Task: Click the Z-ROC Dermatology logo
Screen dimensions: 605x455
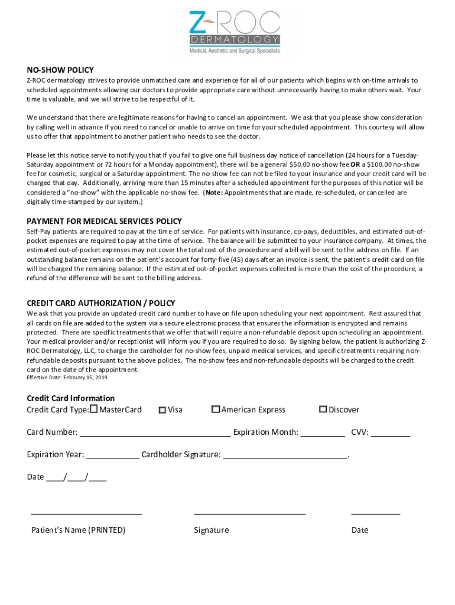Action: pos(234,32)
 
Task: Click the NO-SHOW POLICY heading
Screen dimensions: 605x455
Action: pos(60,70)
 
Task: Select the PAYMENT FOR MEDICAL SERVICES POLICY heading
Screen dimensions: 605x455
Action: pos(104,221)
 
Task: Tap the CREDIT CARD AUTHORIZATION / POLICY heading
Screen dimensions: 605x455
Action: pos(100,303)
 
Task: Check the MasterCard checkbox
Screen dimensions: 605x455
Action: pos(94,409)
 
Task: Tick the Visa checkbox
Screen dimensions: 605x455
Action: pos(162,409)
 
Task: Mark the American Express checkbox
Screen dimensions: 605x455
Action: pos(216,409)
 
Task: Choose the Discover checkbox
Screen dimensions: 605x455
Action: pos(323,409)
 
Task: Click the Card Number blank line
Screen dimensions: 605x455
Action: pos(155,433)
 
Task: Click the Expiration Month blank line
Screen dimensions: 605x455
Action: pos(323,433)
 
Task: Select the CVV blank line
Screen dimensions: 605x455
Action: pos(391,433)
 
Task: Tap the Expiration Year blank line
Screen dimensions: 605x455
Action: pos(113,456)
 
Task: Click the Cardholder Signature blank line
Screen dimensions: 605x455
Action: pos(285,456)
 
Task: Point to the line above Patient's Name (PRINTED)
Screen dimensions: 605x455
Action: pos(86,513)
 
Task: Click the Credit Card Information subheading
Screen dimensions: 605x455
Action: pos(70,398)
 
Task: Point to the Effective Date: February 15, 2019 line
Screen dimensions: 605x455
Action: pos(67,378)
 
